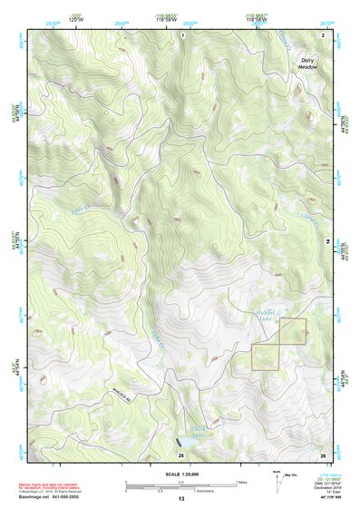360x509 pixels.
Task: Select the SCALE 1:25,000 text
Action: (x=180, y=474)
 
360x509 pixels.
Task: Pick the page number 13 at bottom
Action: (x=180, y=499)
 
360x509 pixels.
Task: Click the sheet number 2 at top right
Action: (x=322, y=34)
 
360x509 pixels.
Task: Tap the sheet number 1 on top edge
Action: (x=181, y=34)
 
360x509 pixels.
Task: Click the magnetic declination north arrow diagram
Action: (x=277, y=477)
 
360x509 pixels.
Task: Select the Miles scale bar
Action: (x=180, y=481)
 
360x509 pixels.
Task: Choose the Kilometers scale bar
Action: (x=163, y=488)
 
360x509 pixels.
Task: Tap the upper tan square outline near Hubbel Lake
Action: (x=292, y=333)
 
